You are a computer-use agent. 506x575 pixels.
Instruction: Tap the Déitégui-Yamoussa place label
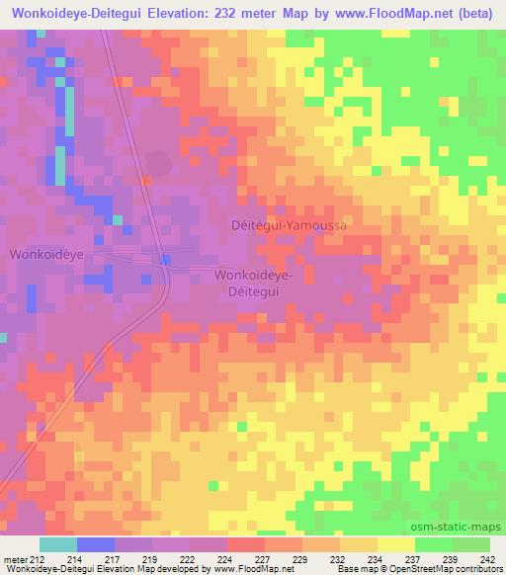pos(291,225)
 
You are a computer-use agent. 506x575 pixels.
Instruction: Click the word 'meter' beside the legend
pos(16,560)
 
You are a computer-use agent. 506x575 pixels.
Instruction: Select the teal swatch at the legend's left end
pos(57,545)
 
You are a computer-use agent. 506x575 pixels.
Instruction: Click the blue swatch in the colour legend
pos(95,545)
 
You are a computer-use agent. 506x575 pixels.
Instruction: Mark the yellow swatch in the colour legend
pos(395,545)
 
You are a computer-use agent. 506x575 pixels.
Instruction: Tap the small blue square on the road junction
pos(167,259)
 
